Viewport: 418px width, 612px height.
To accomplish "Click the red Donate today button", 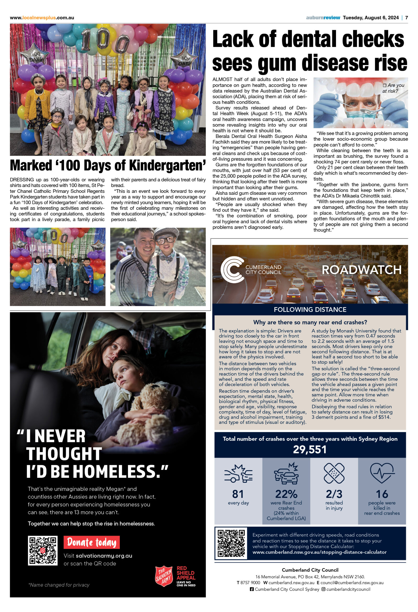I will point(91,542).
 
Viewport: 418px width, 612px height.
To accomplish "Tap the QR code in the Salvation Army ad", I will point(43,551).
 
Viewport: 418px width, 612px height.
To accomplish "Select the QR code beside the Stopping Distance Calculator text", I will point(231,543).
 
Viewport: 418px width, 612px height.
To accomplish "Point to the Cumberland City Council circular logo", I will point(232,270).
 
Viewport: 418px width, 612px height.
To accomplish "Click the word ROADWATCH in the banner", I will point(361,270).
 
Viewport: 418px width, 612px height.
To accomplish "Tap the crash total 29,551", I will point(310,449).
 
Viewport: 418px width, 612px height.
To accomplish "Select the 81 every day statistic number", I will point(238,494).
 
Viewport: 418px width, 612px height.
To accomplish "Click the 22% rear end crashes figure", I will point(286,494).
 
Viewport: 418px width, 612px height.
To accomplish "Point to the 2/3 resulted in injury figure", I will point(334,494).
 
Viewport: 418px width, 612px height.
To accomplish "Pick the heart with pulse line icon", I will point(382,473).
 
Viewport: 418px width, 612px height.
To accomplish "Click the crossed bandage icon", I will point(334,473).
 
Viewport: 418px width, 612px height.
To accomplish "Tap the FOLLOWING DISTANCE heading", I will point(310,309).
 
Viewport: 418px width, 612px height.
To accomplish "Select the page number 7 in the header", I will point(407,18).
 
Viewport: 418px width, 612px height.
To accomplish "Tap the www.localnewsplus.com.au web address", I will point(42,18).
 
